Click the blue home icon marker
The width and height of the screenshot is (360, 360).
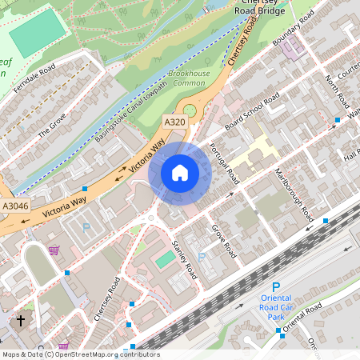point(180,172)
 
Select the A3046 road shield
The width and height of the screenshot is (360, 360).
point(14,206)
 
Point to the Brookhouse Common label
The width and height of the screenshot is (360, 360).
point(190,78)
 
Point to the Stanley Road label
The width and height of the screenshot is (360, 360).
point(185,258)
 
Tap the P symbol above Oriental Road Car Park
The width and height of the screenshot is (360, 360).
point(276,287)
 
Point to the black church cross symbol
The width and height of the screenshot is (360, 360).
point(20,321)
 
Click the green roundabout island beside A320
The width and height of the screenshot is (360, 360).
point(190,110)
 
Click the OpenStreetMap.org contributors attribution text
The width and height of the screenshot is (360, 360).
point(104,354)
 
